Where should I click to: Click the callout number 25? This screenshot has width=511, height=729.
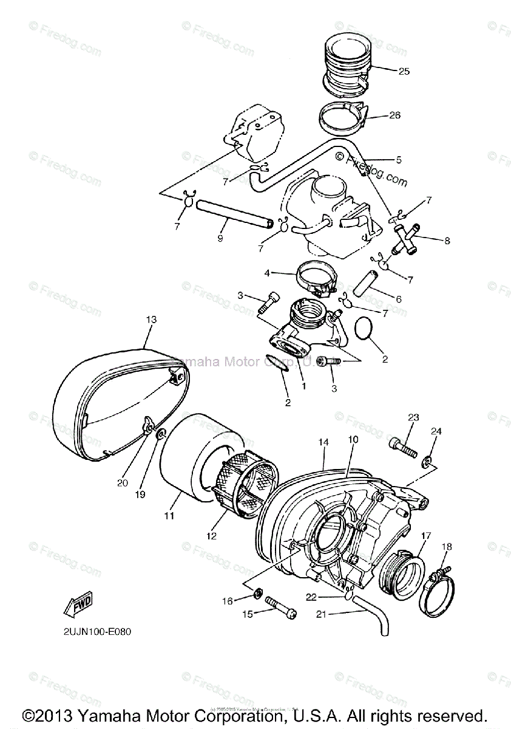(404, 71)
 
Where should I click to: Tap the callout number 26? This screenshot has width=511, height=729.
(394, 115)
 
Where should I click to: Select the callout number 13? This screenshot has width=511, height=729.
(151, 319)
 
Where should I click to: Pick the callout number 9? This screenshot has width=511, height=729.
(203, 238)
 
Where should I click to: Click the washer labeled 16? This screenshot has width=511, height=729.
(258, 592)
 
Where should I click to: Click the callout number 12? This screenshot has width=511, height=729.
(211, 536)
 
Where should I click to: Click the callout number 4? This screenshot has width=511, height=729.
(267, 273)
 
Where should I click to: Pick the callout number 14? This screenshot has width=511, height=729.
(324, 443)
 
